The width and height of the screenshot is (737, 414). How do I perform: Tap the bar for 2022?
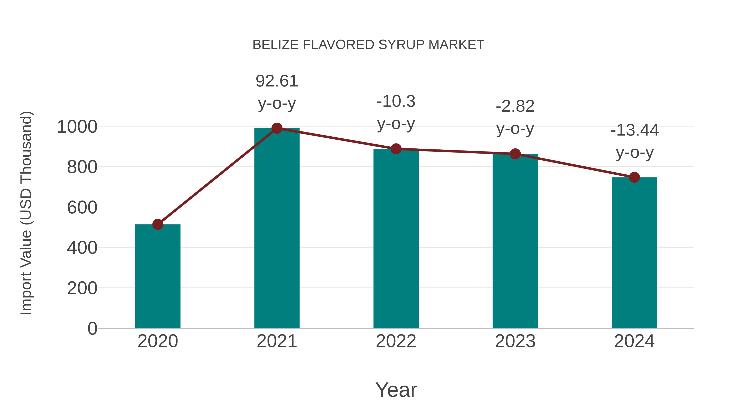click(396, 238)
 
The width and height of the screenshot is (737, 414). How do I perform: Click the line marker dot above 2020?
click(158, 224)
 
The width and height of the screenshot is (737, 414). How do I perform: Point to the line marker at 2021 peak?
click(277, 128)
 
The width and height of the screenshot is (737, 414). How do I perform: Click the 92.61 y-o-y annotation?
click(277, 81)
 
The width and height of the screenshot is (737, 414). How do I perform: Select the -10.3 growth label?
click(396, 101)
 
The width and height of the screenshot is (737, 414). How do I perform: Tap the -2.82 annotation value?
click(515, 106)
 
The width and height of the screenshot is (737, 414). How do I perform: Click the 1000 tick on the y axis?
click(77, 127)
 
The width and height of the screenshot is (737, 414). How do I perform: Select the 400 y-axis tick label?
click(82, 248)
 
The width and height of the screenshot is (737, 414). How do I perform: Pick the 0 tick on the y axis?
click(92, 329)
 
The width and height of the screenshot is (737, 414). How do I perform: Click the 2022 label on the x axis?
click(396, 341)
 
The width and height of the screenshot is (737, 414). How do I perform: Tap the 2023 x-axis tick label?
click(515, 341)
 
